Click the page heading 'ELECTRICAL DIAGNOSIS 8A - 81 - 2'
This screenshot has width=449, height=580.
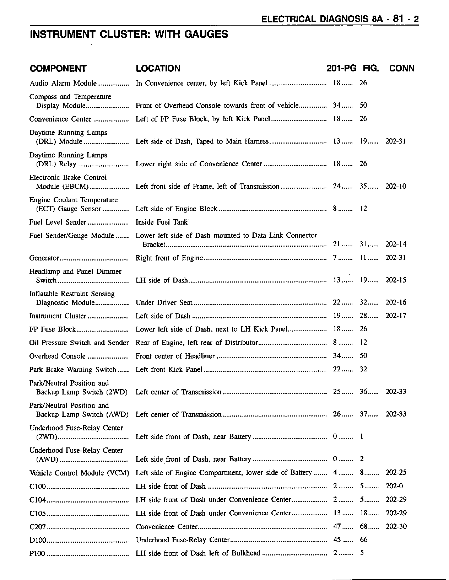point(340,19)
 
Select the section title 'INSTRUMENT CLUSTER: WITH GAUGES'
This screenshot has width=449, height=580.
point(129,34)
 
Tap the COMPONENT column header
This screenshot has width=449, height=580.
point(58,69)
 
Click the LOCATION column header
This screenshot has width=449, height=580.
point(158,69)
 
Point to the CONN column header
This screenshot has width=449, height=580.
point(402,69)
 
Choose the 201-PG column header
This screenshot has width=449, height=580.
point(341,69)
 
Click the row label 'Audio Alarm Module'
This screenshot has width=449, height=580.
point(63,84)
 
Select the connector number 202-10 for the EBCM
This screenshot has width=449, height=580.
point(396,187)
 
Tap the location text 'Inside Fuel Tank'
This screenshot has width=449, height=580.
point(162,222)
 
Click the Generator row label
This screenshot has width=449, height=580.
point(44,258)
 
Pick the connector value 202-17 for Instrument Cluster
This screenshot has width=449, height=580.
point(396,316)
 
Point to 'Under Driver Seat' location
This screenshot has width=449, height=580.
point(164,303)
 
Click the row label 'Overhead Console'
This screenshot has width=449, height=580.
point(58,356)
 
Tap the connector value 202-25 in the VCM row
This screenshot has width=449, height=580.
point(396,473)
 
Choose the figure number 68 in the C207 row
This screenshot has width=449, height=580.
point(363,527)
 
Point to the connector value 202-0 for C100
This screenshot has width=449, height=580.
point(394,487)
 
